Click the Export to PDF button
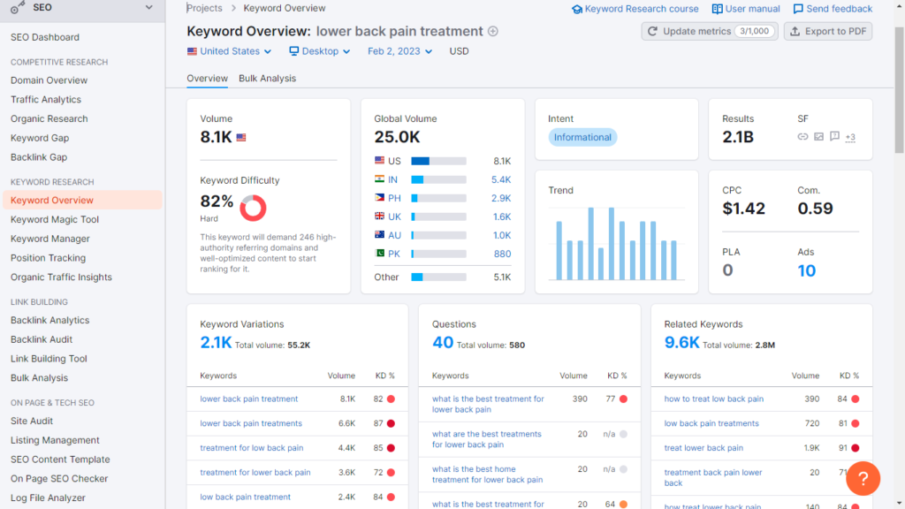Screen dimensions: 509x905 point(828,31)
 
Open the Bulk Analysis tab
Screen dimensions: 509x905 point(267,79)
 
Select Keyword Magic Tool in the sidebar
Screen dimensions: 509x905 point(55,219)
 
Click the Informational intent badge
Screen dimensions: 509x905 point(582,137)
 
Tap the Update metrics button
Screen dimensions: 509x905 point(709,31)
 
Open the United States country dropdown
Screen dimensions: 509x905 point(230,51)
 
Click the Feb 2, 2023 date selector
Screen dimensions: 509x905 point(399,51)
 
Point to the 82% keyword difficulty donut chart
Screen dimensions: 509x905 point(253,208)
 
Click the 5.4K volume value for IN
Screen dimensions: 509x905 point(501,179)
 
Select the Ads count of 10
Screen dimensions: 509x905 point(806,271)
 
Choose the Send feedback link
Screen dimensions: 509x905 point(833,9)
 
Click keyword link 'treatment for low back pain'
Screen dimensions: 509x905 point(251,448)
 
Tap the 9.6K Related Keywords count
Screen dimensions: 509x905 point(681,343)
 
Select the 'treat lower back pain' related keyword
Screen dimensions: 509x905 point(703,448)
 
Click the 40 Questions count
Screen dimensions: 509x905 point(443,343)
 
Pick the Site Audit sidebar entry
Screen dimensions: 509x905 point(32,421)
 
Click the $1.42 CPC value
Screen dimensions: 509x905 point(743,209)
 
